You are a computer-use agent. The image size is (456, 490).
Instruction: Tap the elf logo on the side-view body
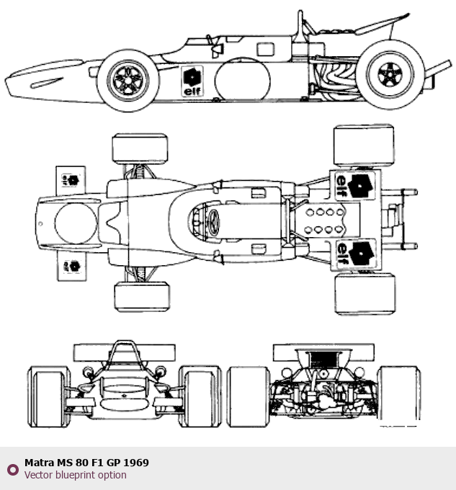[x=192, y=80]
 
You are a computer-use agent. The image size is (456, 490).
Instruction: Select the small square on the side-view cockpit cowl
[x=267, y=49]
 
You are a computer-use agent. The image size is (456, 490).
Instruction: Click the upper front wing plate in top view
[x=71, y=179]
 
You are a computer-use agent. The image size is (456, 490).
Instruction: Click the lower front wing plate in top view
[x=71, y=266]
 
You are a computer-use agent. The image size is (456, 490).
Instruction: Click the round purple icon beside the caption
[x=12, y=470]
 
